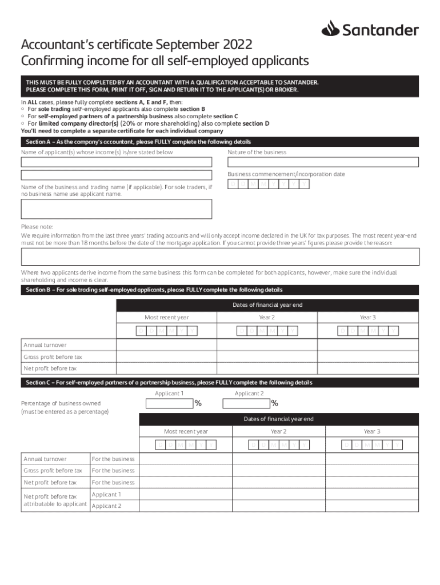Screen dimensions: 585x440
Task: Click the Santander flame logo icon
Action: point(330,28)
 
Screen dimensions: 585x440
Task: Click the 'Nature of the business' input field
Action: point(323,162)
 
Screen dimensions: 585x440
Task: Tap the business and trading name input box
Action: point(117,209)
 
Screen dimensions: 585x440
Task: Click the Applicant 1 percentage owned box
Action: point(169,403)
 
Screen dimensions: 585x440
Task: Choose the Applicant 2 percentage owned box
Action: point(246,403)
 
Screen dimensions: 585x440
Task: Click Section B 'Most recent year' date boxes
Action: point(167,331)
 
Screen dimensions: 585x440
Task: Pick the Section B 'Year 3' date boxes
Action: point(368,331)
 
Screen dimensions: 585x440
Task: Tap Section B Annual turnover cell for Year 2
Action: point(267,345)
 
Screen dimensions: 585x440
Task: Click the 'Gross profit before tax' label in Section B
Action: point(53,356)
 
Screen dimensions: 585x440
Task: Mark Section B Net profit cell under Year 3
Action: point(368,368)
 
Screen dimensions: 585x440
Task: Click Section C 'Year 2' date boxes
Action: point(279,445)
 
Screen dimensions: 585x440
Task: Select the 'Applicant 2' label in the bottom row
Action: point(106,506)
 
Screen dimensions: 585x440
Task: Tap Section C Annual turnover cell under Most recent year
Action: point(186,459)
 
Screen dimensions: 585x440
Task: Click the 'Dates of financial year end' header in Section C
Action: point(279,419)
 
